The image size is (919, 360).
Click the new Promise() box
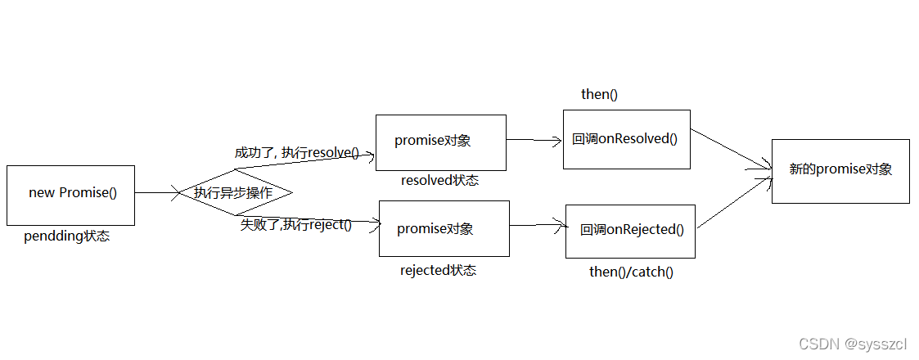(x=70, y=195)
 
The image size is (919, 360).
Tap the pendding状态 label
(x=67, y=236)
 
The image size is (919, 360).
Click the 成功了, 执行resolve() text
(x=296, y=152)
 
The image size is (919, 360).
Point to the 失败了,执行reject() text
(x=295, y=224)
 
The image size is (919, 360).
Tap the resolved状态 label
(x=439, y=180)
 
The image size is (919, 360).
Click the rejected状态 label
(x=438, y=270)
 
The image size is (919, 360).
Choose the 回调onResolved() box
(x=626, y=139)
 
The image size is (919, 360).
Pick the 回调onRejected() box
(x=630, y=231)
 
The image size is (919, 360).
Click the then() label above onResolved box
(x=599, y=94)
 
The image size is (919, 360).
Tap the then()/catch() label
(x=631, y=272)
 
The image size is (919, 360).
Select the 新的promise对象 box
(x=840, y=170)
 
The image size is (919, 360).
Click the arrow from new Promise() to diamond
(x=157, y=193)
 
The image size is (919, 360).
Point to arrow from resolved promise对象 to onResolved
(x=534, y=140)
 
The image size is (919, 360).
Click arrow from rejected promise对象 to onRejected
(x=538, y=225)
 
